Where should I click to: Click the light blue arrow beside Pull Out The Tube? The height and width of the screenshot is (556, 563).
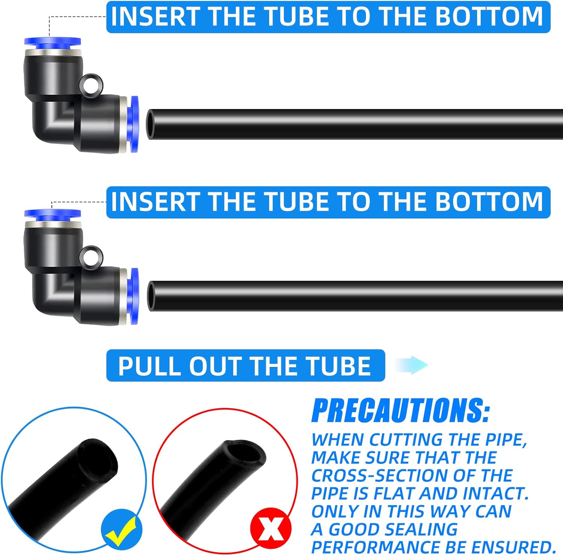pos(412,365)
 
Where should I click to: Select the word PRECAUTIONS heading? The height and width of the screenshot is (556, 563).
pos(400,411)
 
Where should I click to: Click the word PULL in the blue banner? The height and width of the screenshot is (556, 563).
pos(150,366)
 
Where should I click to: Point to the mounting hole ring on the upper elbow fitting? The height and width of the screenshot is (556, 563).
pos(92,84)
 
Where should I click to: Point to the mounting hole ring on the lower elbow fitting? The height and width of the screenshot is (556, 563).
pos(92,256)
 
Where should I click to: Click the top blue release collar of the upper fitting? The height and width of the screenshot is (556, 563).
pos(53,43)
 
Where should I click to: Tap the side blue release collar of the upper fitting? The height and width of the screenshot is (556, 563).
pos(134,124)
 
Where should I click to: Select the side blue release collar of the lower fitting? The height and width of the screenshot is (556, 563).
pos(134,297)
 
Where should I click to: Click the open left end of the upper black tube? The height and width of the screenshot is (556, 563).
pos(151,124)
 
